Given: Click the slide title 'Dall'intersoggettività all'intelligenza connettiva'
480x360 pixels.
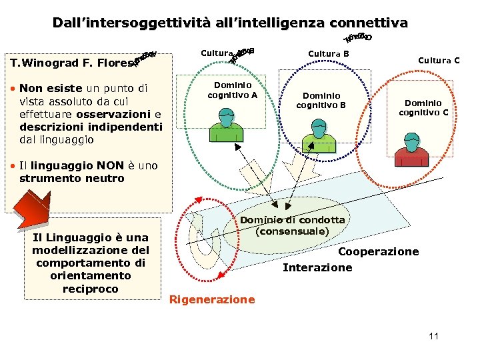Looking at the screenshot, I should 230,23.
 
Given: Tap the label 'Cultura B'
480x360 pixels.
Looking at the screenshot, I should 329,53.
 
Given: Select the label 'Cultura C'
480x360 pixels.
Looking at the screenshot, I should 439,61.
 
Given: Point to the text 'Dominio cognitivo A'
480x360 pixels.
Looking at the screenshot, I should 232,90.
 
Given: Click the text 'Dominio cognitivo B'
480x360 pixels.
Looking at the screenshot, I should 321,100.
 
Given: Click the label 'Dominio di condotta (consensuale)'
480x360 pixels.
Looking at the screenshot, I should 292,225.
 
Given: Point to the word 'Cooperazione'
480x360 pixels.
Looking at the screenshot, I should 378,251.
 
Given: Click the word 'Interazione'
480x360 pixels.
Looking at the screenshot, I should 317,267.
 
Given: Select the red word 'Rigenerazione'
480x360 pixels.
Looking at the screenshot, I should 212,299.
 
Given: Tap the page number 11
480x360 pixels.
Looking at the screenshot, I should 433,336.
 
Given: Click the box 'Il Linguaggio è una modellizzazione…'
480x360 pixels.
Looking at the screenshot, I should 91,263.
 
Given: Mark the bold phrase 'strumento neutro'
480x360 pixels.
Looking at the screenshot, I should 72,178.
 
